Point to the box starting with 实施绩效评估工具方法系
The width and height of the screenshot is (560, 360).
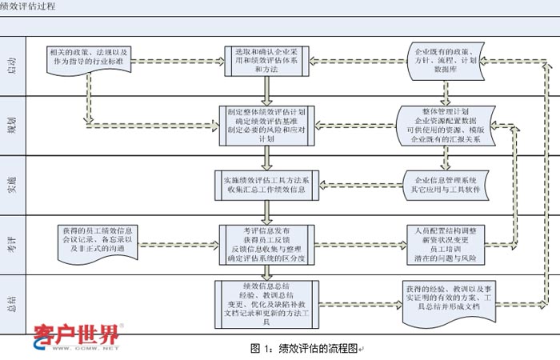pyautogui.click(x=266, y=183)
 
